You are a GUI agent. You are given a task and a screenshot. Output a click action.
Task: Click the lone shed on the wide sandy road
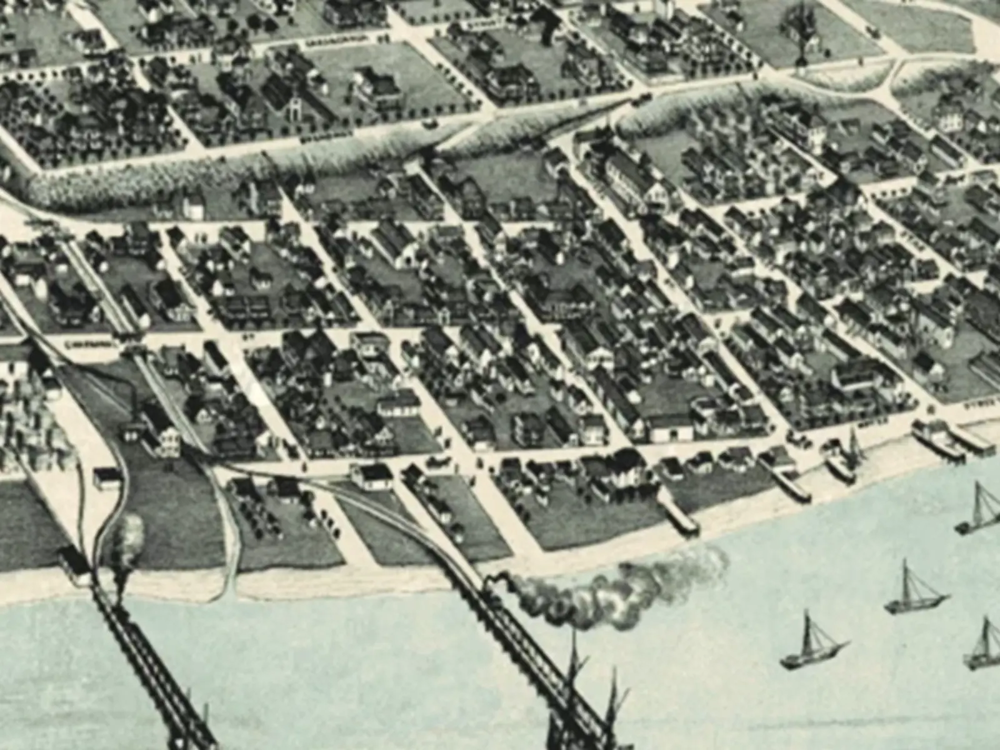[106, 478]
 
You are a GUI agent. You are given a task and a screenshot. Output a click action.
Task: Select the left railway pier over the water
[150, 662]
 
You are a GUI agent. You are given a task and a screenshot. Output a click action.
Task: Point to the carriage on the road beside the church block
[430, 123]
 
